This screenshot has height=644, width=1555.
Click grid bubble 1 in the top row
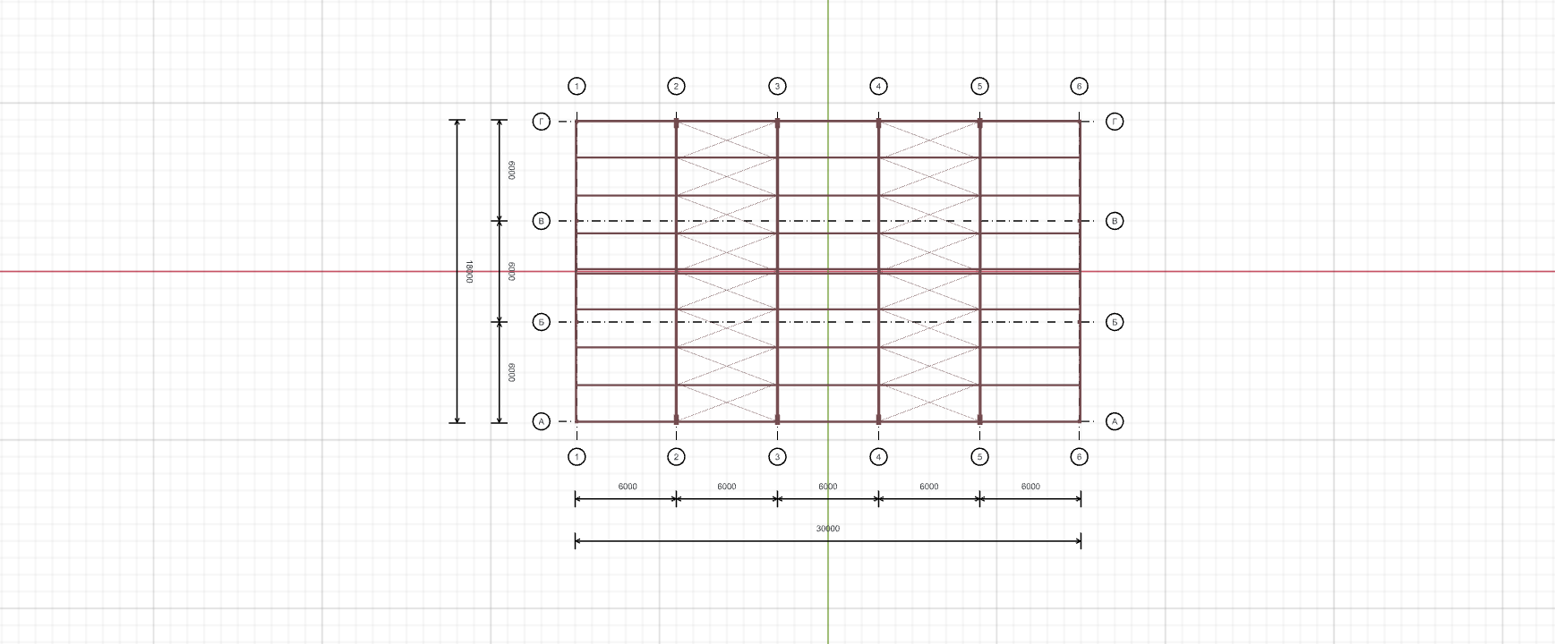(x=577, y=86)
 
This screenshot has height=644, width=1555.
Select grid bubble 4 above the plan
(x=878, y=86)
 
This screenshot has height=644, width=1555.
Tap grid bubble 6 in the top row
(x=1079, y=86)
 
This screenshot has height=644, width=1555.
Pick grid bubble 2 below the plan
(x=676, y=457)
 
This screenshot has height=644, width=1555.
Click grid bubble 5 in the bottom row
(x=979, y=457)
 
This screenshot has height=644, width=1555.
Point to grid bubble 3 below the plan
(x=777, y=457)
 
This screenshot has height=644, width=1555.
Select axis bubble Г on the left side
(x=541, y=122)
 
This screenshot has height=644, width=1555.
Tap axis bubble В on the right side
(x=1115, y=221)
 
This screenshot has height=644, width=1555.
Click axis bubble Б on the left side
(x=541, y=322)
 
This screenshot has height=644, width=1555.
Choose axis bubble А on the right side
(x=1115, y=421)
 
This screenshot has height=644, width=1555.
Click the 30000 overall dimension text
(x=828, y=529)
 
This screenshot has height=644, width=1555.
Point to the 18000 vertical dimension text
(x=469, y=272)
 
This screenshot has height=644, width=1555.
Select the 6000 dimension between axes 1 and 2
(x=628, y=487)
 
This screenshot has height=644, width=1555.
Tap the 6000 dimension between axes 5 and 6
(x=1030, y=487)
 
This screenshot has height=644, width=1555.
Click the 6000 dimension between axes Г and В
(x=511, y=170)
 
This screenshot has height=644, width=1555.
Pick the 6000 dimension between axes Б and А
(x=511, y=371)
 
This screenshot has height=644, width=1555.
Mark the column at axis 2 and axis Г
(x=676, y=123)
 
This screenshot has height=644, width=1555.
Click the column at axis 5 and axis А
(x=979, y=419)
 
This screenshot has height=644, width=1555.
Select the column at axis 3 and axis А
(x=777, y=419)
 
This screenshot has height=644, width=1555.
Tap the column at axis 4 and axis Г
(x=878, y=123)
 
